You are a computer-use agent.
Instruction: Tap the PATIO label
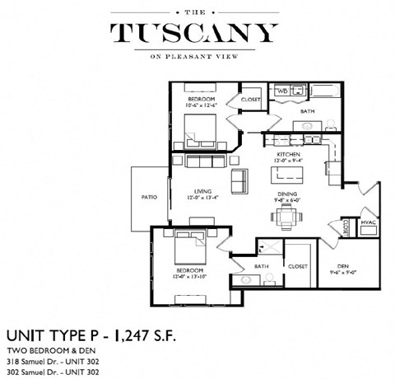tap(148, 197)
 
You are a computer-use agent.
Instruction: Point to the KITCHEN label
tap(287, 154)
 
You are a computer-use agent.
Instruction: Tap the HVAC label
tap(369, 222)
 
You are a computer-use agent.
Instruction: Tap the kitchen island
tap(287, 174)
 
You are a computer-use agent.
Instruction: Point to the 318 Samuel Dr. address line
tap(53, 362)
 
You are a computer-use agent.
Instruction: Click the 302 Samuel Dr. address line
tap(53, 372)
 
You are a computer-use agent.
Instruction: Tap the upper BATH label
tap(307, 111)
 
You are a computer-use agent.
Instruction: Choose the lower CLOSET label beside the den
tap(297, 266)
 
